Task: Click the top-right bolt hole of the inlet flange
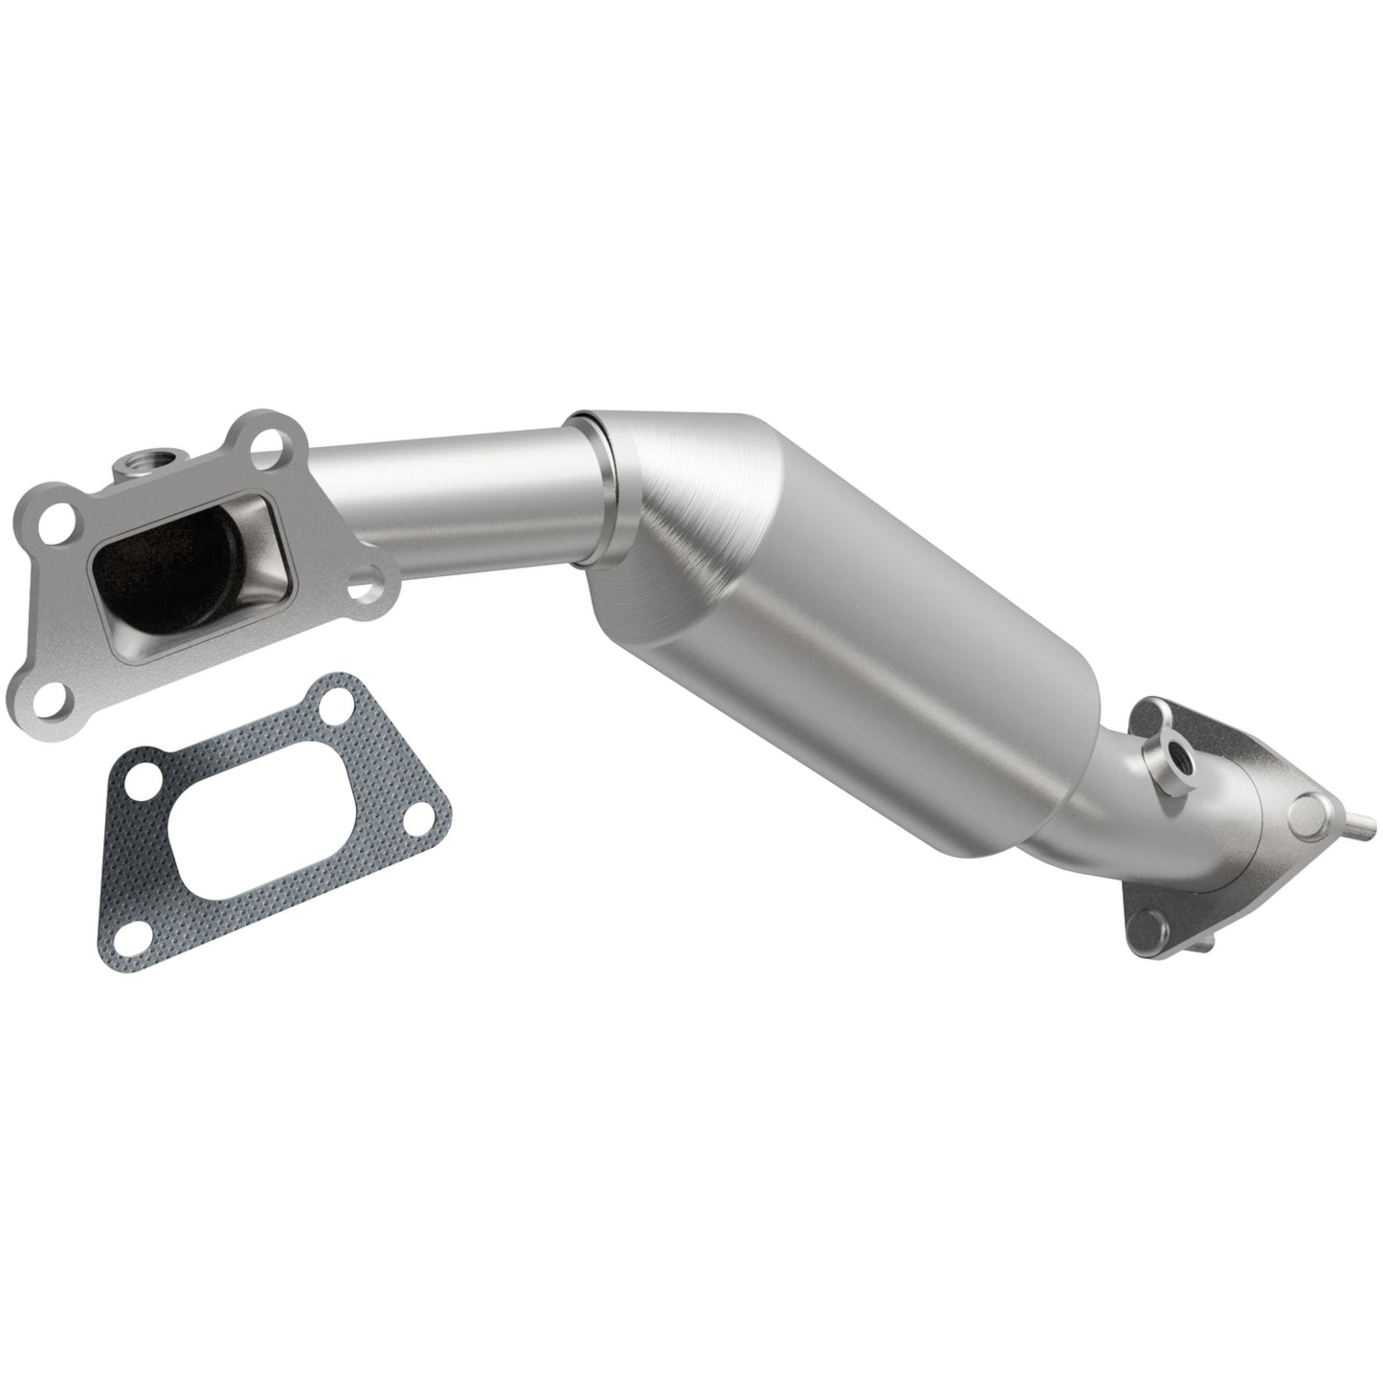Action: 271,442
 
